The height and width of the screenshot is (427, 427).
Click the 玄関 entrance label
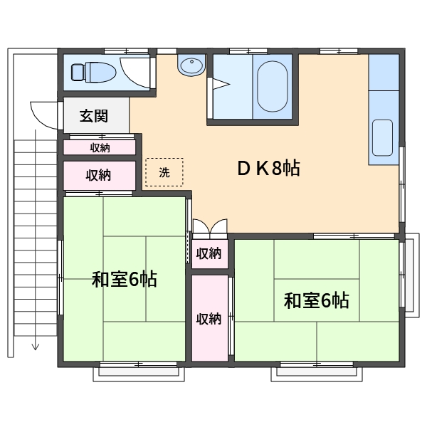coord(94,116)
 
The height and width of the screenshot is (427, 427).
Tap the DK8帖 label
coord(268,168)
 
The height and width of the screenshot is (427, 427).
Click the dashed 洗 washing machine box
coord(164,172)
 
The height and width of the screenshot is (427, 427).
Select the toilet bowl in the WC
coord(100,72)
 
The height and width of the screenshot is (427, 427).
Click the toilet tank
coord(77,72)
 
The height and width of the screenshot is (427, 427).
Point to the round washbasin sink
coord(191,65)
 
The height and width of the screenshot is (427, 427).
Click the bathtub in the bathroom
coord(273,86)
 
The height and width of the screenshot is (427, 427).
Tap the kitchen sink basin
coord(382,137)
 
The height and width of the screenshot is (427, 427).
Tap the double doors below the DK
coord(210,226)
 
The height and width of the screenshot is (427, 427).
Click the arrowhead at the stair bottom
coord(36,347)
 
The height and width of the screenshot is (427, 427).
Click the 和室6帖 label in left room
coord(124,279)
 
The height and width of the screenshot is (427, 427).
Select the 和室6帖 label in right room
coord(317,300)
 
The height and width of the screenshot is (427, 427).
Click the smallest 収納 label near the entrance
coord(100,148)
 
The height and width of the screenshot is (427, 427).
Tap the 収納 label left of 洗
coord(98,175)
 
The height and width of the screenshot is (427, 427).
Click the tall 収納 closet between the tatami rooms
coord(210,318)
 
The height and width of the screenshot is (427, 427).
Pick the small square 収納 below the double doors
coord(210,254)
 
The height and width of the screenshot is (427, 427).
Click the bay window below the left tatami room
coord(139,374)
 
